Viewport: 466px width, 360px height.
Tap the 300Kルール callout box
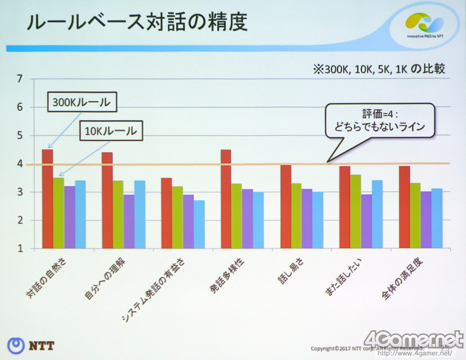(81, 102)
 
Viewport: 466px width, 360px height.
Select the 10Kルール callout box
(111, 132)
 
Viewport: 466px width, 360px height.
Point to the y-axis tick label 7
(19, 79)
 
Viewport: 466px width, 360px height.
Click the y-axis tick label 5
(19, 136)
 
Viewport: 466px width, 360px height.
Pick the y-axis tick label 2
(19, 220)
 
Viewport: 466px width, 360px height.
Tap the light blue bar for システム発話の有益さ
(199, 224)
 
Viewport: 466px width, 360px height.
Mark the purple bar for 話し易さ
(307, 218)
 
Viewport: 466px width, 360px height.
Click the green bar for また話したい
(355, 212)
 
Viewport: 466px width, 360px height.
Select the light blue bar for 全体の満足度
(436, 218)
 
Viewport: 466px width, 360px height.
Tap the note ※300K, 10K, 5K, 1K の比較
(378, 69)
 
